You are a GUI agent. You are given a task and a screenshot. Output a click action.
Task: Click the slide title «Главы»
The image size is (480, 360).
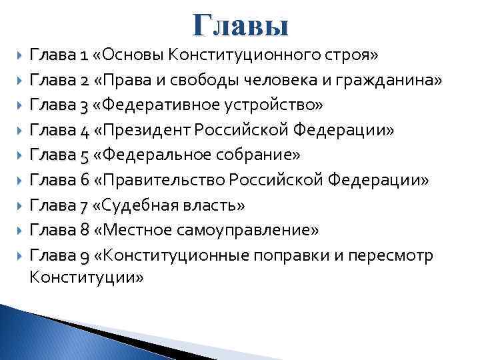point(241,26)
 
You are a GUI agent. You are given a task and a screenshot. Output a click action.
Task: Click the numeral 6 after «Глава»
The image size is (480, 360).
point(84,181)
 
